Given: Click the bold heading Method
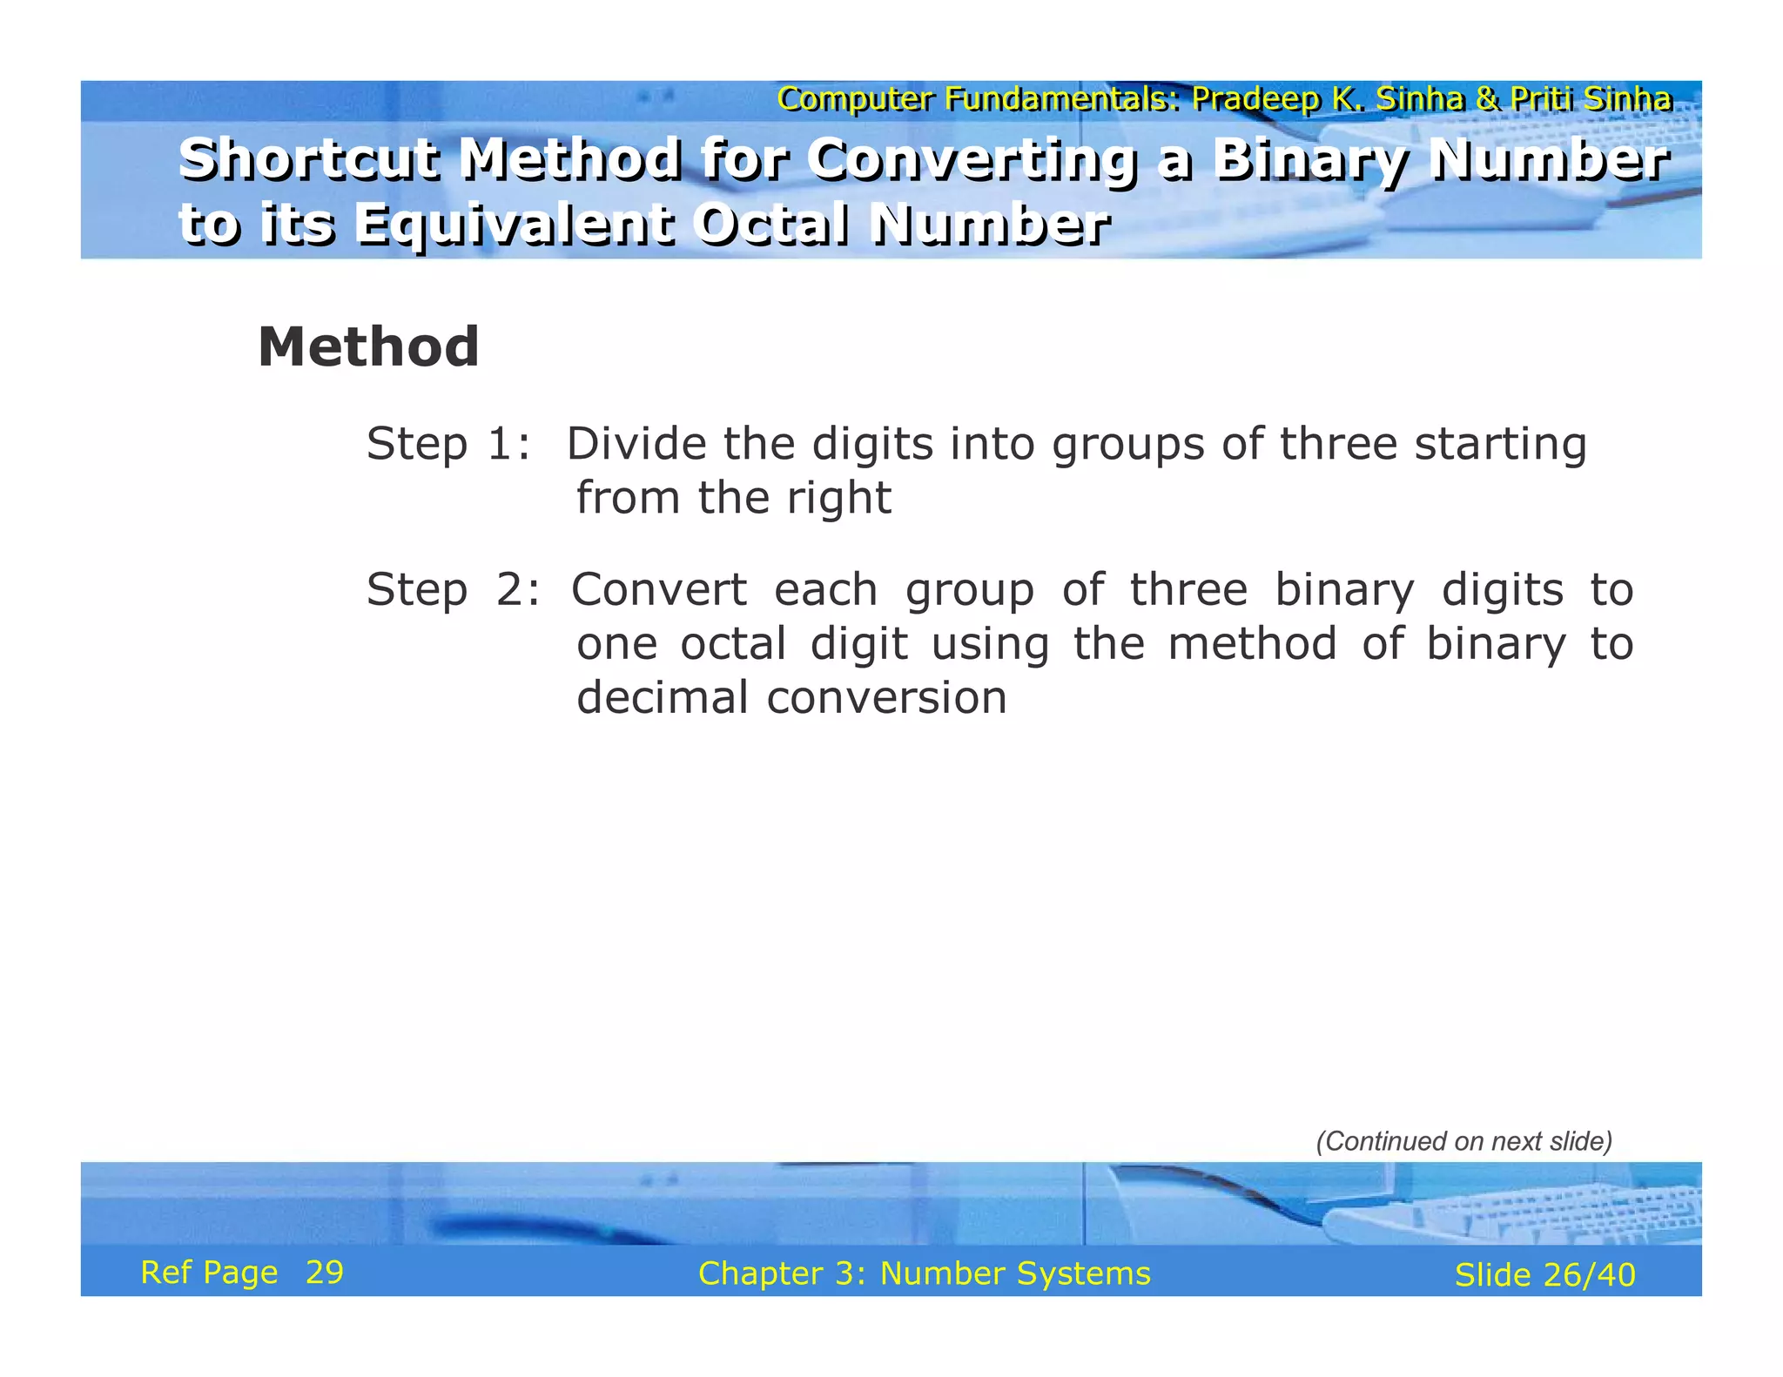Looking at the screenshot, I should (368, 347).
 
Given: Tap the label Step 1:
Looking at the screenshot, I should (447, 444).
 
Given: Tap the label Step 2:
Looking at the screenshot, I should (452, 590).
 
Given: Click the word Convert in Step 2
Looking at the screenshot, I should (659, 590).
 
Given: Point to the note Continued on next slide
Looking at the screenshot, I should (1463, 1141).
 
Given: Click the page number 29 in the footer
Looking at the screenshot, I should (325, 1273).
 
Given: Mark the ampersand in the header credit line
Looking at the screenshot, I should (1486, 99).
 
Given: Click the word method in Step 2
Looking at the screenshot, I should (1251, 645).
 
